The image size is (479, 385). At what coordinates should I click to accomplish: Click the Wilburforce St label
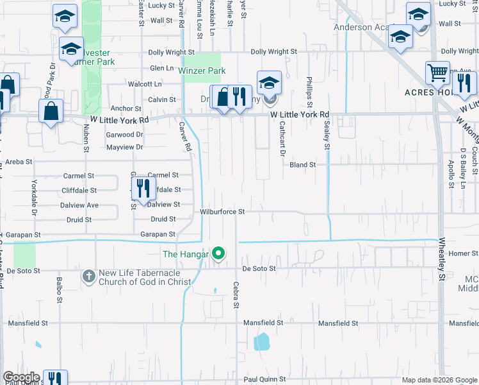point(222,211)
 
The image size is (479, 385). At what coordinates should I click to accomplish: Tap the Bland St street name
point(303,165)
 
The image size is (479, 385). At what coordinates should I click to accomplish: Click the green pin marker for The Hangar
point(218,254)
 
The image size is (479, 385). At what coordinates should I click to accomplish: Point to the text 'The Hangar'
point(186,255)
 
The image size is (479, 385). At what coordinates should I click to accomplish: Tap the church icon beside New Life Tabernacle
point(88,277)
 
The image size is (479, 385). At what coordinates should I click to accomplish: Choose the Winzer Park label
point(202,70)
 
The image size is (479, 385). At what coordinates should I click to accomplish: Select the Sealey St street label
point(327,138)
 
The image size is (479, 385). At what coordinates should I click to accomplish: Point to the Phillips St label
point(309,90)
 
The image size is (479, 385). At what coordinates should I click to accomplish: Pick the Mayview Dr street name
point(124,147)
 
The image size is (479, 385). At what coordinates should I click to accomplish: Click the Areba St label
point(19,162)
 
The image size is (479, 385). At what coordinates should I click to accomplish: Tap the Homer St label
point(459,253)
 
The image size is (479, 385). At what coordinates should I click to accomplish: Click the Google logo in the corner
point(21,378)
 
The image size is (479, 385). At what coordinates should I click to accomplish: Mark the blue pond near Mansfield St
point(261,341)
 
